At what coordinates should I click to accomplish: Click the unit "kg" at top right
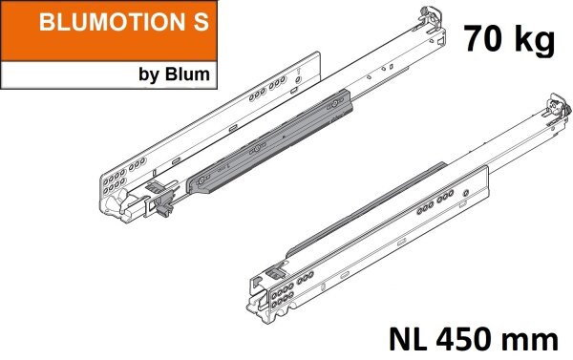point(535,40)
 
